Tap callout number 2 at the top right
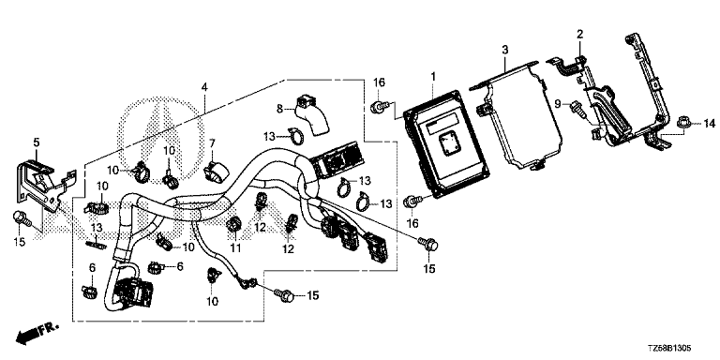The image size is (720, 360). pyautogui.click(x=580, y=34)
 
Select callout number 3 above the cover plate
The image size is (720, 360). pyautogui.click(x=504, y=50)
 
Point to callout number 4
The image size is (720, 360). pyautogui.click(x=204, y=87)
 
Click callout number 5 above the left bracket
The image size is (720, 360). pyautogui.click(x=37, y=142)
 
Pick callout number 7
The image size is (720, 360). pyautogui.click(x=212, y=143)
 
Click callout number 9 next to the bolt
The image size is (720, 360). pyautogui.click(x=558, y=105)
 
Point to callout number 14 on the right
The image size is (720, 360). pyautogui.click(x=710, y=124)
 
